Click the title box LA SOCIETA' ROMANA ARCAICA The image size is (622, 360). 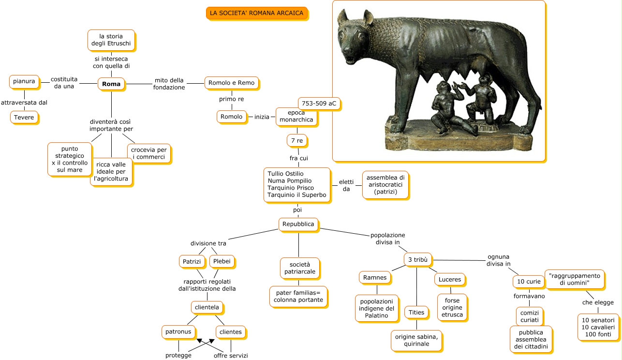coord(257,13)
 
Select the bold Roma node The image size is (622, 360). coord(111,84)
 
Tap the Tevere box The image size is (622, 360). coord(24,117)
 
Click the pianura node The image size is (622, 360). coord(24,81)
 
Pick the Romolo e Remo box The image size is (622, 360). coord(231,83)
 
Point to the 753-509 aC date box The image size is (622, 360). coord(319,104)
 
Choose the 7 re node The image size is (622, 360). coord(297,141)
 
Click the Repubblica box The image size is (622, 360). coord(298,224)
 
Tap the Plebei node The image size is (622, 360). coord(222,262)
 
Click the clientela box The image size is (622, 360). coord(207,307)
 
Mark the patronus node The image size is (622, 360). coord(178,332)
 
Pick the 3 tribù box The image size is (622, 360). coord(417,260)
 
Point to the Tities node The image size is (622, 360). coord(416,313)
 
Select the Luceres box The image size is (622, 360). coord(450,280)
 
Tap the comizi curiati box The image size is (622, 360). coord(530,316)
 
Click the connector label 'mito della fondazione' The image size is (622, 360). coord(169,84)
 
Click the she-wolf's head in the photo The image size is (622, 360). coord(357,39)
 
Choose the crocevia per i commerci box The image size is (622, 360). coord(149,153)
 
